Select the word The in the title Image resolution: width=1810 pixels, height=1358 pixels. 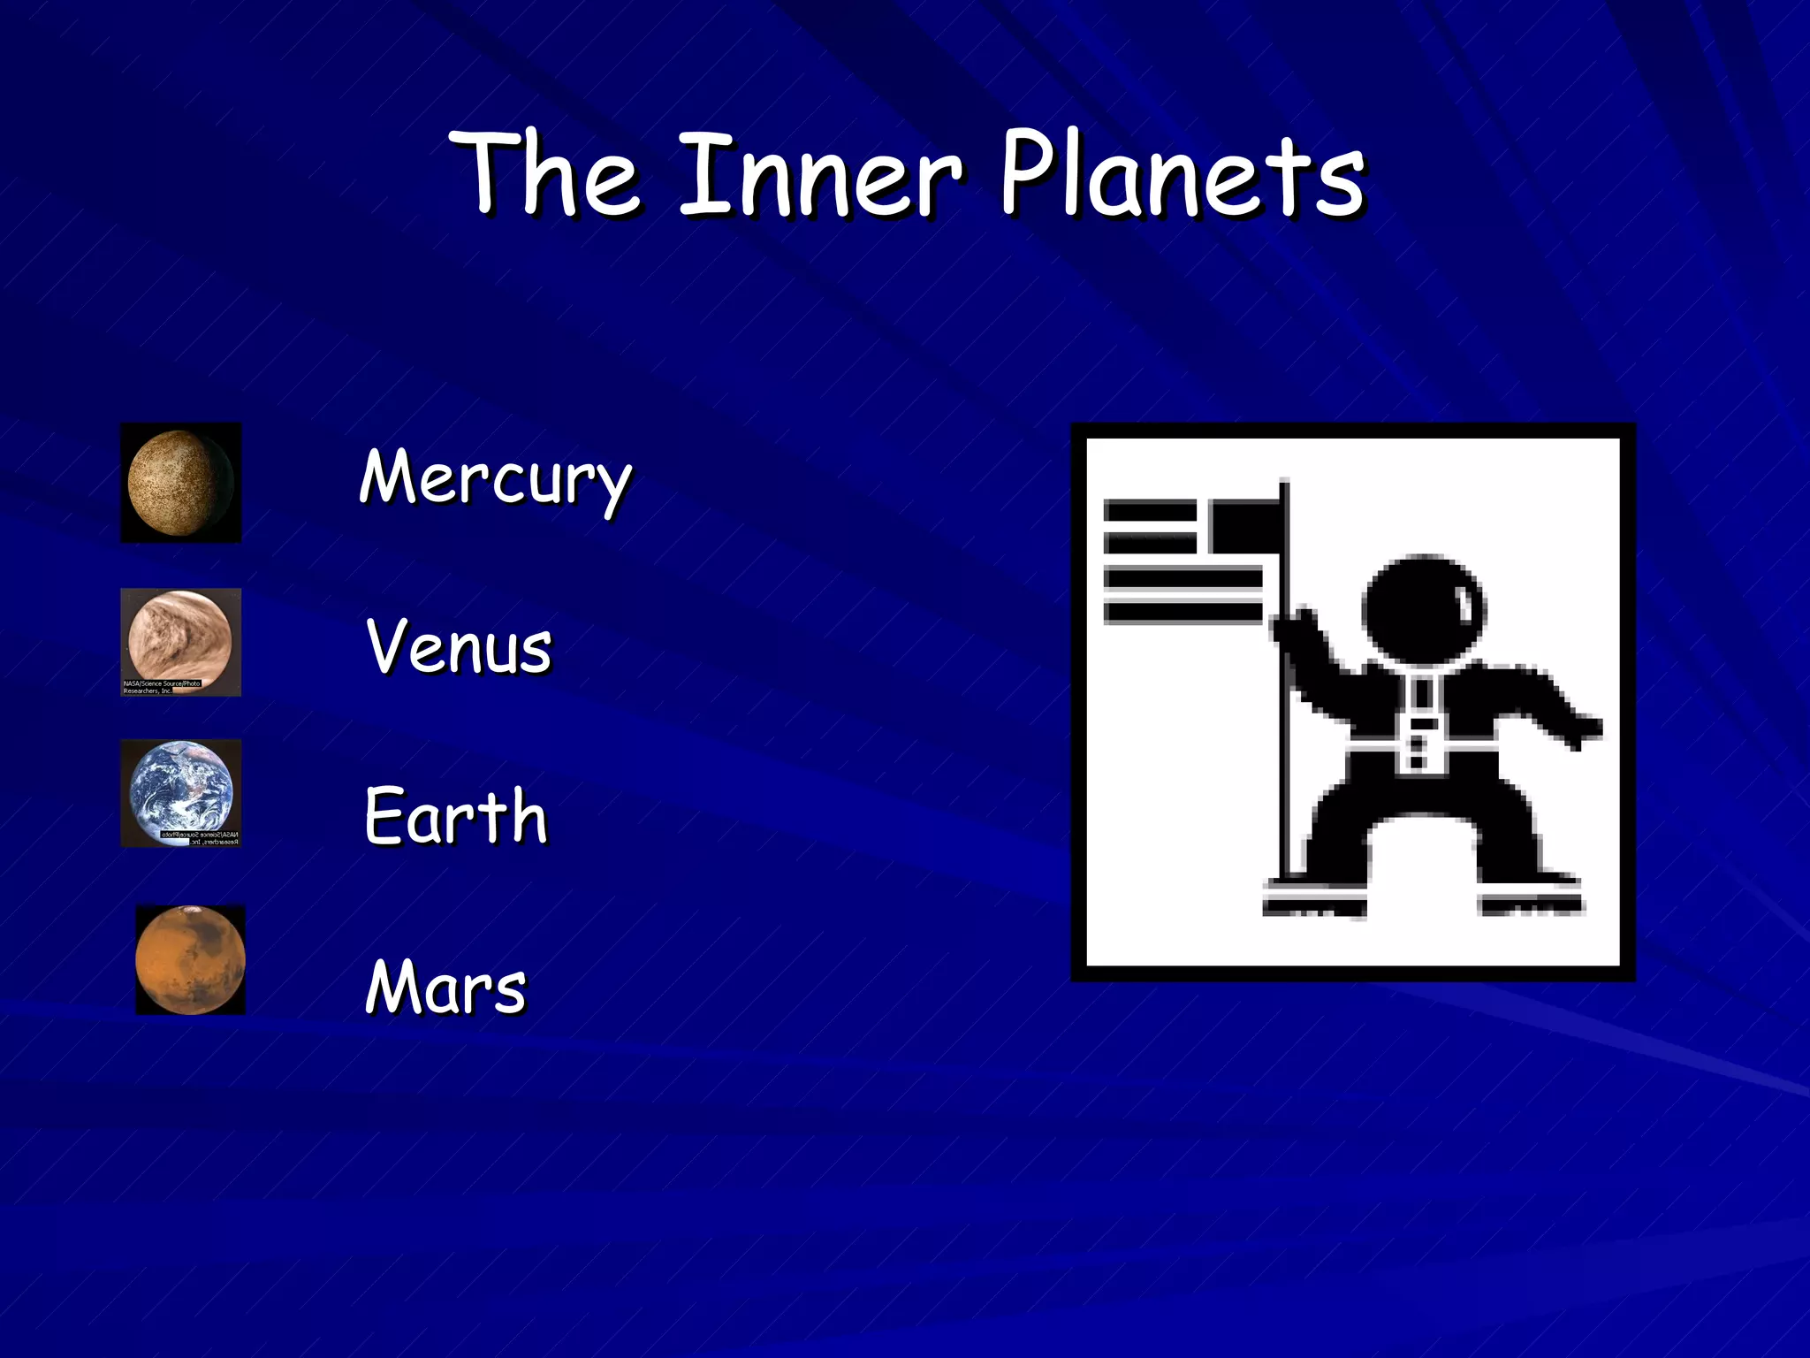548,174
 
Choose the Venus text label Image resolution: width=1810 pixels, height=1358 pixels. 459,647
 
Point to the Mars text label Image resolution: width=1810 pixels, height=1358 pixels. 445,987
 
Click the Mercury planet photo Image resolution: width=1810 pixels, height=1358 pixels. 180,483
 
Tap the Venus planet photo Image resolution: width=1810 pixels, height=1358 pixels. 180,635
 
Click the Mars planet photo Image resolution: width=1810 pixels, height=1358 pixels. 190,959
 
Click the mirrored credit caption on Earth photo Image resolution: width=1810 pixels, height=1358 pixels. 200,838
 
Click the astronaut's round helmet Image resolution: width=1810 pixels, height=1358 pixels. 1423,610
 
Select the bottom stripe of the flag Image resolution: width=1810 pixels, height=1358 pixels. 1183,612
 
